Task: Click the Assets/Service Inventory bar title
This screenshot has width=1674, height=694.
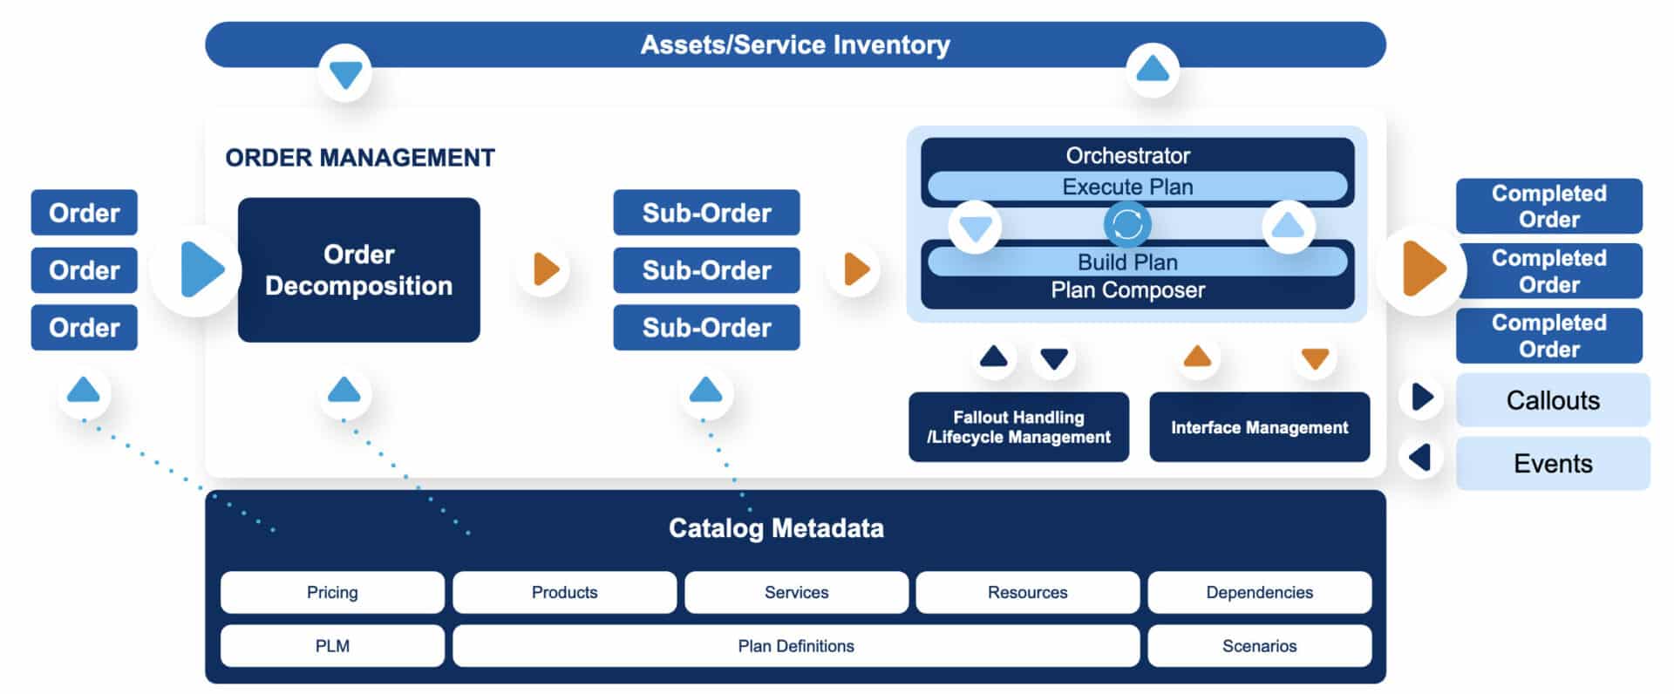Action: click(795, 44)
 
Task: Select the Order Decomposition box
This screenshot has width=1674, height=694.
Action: click(358, 269)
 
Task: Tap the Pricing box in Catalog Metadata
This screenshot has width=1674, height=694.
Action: click(332, 592)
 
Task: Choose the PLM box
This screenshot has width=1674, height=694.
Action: click(332, 646)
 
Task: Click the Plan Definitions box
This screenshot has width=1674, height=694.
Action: click(795, 646)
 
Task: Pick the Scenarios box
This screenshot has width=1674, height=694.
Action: click(1259, 646)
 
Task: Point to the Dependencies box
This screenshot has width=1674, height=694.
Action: click(1259, 592)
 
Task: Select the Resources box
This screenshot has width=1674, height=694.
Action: click(1027, 592)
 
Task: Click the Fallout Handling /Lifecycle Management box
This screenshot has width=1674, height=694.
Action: click(1018, 427)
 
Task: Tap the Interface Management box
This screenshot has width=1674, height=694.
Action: click(1259, 427)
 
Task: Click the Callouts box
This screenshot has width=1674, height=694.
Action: click(1553, 400)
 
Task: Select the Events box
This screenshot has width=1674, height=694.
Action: click(1553, 463)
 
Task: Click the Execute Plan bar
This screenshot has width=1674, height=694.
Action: click(1127, 187)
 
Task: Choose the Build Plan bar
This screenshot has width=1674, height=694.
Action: click(1127, 262)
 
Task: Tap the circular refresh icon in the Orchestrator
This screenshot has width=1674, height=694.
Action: click(1127, 225)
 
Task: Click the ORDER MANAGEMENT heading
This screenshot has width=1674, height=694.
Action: click(360, 158)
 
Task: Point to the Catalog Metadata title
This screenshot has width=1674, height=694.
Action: click(776, 527)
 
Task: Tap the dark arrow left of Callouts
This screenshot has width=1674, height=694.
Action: click(1422, 397)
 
